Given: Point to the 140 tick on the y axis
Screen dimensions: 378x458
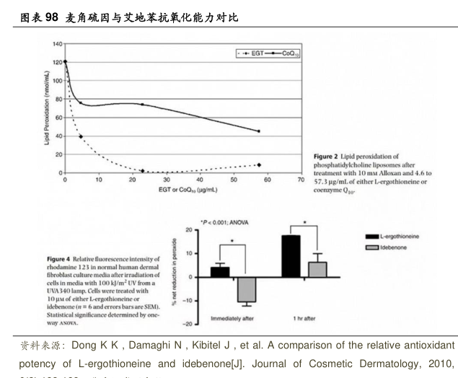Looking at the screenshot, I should point(56,44).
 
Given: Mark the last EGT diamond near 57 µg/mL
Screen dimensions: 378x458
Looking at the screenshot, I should point(258,165).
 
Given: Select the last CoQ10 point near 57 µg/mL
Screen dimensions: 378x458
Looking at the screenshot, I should point(258,131).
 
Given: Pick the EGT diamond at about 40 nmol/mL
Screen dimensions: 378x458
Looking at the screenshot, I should point(80,136).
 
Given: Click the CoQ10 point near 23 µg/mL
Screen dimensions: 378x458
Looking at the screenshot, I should point(142,105).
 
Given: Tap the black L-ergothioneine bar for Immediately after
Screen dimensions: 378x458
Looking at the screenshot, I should point(219,272).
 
